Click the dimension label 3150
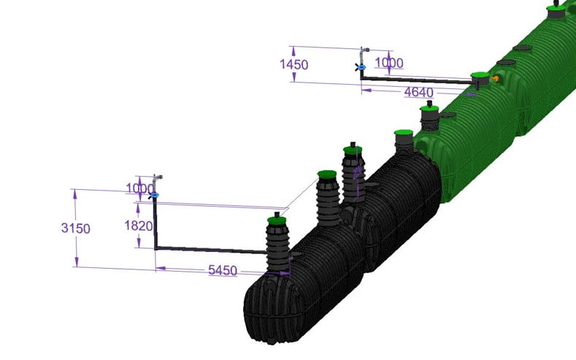76,228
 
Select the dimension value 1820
139,226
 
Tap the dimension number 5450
223,270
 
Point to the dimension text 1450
294,65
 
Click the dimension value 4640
419,92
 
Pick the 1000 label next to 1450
389,63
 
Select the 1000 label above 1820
139,188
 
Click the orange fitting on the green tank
495,78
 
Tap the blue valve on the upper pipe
361,67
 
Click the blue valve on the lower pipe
155,195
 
